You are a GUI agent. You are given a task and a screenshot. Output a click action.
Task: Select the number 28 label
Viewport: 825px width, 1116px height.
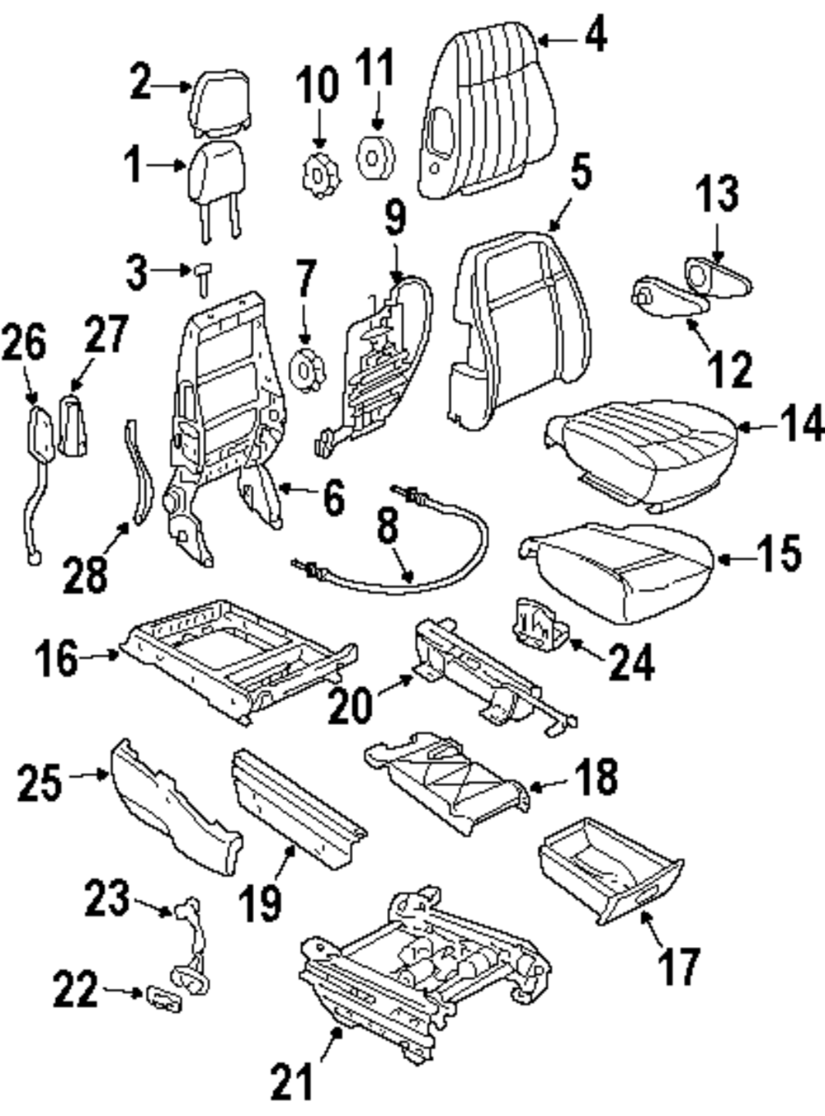85,575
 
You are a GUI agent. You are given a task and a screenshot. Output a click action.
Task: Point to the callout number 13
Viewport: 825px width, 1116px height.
717,193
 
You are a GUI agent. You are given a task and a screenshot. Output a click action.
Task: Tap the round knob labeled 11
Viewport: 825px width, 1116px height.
375,158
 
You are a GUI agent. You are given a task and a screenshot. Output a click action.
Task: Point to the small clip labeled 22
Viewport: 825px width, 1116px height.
163,998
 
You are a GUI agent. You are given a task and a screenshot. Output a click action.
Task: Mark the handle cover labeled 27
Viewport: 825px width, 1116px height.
73,425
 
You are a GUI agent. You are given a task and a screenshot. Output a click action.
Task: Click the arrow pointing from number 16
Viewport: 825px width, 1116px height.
99,656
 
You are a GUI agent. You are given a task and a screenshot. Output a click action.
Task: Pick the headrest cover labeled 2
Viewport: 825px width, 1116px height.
219,104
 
